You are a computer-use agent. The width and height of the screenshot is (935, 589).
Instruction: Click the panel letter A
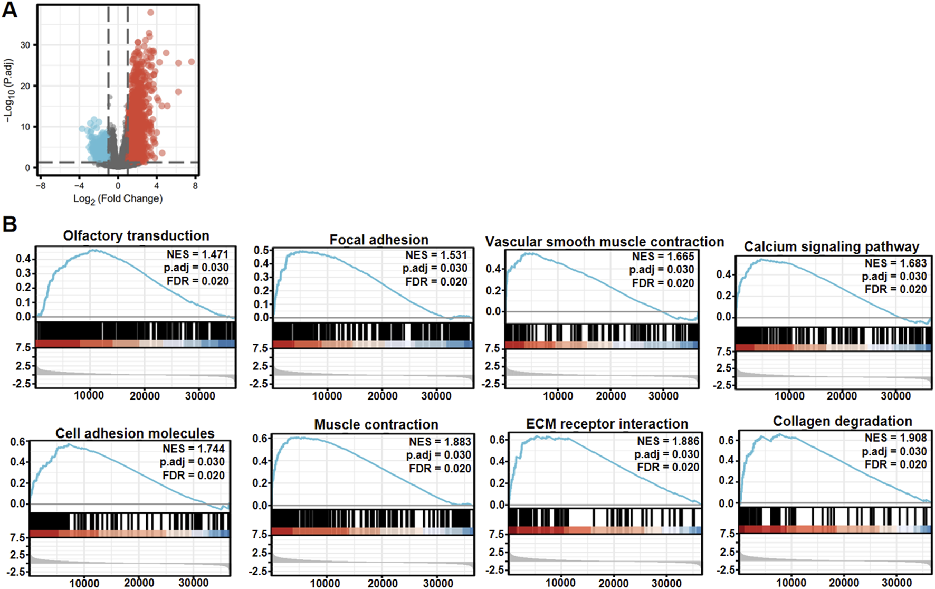(x=9, y=10)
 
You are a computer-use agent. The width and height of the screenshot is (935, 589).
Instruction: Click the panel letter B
(x=9, y=223)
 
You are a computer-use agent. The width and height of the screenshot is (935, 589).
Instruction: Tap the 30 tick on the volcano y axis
(x=25, y=45)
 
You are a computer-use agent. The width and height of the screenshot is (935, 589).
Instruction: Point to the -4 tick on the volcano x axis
(x=79, y=186)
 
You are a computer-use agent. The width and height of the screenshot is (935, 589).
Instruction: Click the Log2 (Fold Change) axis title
(x=118, y=199)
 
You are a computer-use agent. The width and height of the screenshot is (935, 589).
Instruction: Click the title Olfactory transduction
(x=136, y=236)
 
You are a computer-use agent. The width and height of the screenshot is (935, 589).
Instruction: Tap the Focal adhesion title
(x=379, y=240)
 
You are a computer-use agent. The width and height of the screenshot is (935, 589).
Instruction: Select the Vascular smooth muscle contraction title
(x=604, y=242)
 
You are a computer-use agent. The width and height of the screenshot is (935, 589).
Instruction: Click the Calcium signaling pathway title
(x=831, y=247)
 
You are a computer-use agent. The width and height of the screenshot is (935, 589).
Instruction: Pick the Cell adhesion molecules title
(x=135, y=434)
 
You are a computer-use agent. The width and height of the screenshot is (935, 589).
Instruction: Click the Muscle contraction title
(x=376, y=425)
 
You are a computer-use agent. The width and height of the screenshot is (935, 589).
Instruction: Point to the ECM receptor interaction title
(x=607, y=424)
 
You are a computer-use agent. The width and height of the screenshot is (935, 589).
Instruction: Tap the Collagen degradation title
(x=842, y=422)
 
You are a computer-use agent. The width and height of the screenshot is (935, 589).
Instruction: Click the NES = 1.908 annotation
(x=895, y=438)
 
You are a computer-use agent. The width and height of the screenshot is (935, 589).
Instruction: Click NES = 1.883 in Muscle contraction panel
(x=440, y=442)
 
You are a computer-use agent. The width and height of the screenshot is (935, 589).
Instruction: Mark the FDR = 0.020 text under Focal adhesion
(x=436, y=282)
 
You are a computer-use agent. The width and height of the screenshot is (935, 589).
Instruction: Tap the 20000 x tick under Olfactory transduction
(x=145, y=396)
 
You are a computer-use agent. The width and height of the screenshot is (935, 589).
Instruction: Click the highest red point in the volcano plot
(x=151, y=12)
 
